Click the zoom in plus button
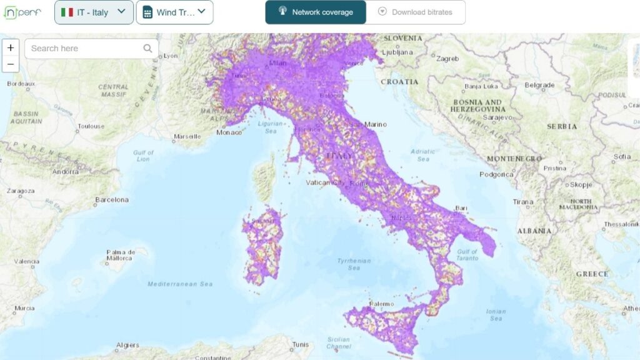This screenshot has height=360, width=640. (x=11, y=48)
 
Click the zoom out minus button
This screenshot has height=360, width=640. (x=11, y=64)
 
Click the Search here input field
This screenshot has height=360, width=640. (x=84, y=48)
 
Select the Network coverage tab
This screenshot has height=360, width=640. (x=316, y=12)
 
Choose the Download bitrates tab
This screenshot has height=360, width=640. (x=416, y=12)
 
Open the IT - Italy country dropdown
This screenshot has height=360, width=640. (x=94, y=12)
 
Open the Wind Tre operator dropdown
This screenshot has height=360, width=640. (x=174, y=12)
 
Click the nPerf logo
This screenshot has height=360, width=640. (x=22, y=12)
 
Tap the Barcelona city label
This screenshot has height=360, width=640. (x=112, y=200)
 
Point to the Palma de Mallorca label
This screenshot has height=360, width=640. (x=119, y=254)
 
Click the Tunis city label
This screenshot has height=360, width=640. (x=301, y=344)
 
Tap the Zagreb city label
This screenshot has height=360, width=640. (x=447, y=59)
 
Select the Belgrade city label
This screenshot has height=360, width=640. (x=539, y=85)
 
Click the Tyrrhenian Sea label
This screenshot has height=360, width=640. (x=354, y=264)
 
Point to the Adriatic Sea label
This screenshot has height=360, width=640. (x=423, y=155)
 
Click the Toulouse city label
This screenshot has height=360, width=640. (x=91, y=126)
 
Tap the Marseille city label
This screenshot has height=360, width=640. (x=187, y=136)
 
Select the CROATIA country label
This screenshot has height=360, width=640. (x=399, y=82)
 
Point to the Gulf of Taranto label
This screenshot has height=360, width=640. (x=467, y=256)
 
